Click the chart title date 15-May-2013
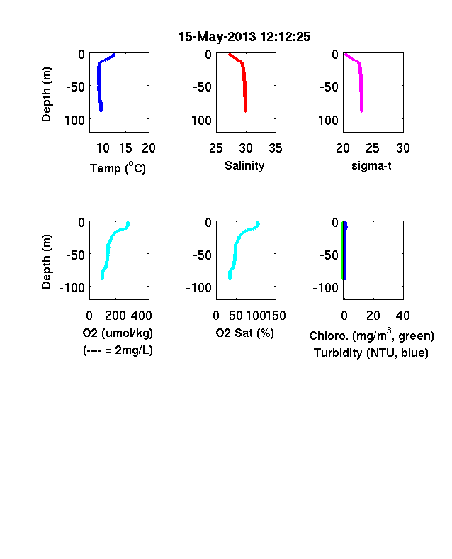tap(217, 37)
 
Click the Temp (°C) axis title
tap(118, 167)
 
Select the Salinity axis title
tap(244, 166)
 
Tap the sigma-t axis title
tap(371, 166)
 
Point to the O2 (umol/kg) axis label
tap(118, 333)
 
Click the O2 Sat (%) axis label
tap(245, 333)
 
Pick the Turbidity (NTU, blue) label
tap(371, 353)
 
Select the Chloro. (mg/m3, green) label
tap(371, 335)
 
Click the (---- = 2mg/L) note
tap(118, 350)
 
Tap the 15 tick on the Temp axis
tap(125, 148)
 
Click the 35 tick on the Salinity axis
tap(276, 148)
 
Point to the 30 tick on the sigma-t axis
tap(403, 148)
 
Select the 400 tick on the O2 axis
tap(141, 316)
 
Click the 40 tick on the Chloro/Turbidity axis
tap(402, 316)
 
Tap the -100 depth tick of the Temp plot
tap(72, 120)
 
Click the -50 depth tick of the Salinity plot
tap(202, 87)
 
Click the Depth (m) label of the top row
tap(46, 94)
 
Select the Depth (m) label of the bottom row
tap(46, 262)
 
